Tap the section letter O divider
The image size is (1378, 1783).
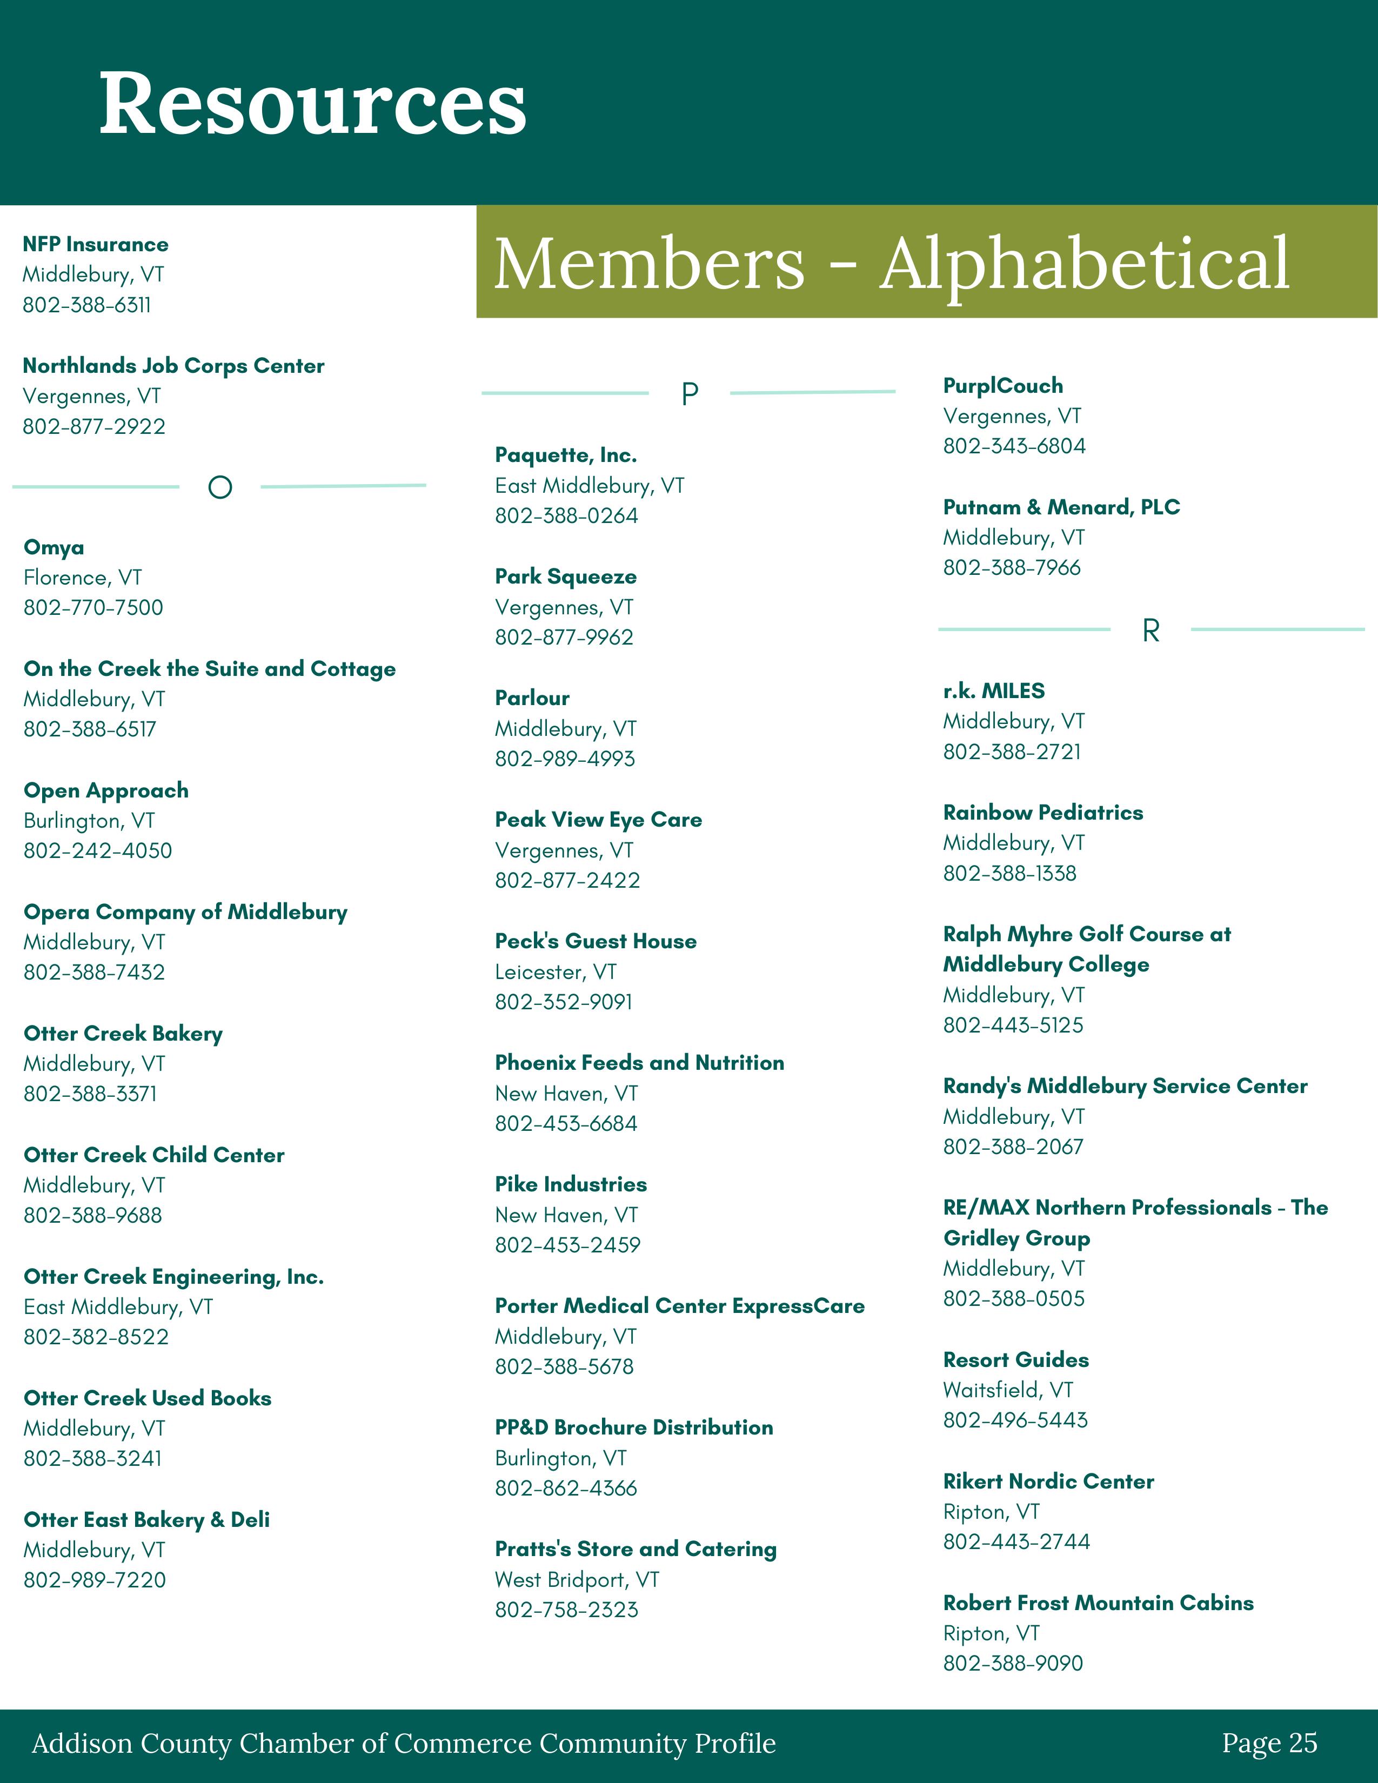pyautogui.click(x=219, y=487)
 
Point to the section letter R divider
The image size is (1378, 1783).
pyautogui.click(x=1150, y=630)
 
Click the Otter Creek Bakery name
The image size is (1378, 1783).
pyautogui.click(x=123, y=1034)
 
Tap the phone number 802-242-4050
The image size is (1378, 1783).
pyautogui.click(x=98, y=850)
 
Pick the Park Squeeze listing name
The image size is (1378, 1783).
pyautogui.click(x=566, y=577)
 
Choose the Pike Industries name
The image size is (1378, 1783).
pyautogui.click(x=571, y=1184)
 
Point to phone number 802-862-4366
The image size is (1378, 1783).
pyautogui.click(x=566, y=1489)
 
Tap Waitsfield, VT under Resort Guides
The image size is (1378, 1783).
pyautogui.click(x=1008, y=1390)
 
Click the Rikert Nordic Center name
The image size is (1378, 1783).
pyautogui.click(x=1049, y=1481)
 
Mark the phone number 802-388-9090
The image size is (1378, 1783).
pyautogui.click(x=1013, y=1663)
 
